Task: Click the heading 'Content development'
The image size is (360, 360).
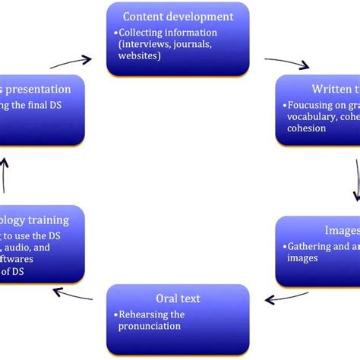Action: point(178,16)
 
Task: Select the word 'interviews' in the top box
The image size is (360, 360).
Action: point(148,44)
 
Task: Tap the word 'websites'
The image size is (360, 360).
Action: point(141,55)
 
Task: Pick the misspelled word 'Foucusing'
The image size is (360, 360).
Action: point(311,106)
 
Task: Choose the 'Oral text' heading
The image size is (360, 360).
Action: point(177,298)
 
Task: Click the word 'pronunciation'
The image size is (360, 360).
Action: point(150,326)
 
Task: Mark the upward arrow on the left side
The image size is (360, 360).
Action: point(6,174)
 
